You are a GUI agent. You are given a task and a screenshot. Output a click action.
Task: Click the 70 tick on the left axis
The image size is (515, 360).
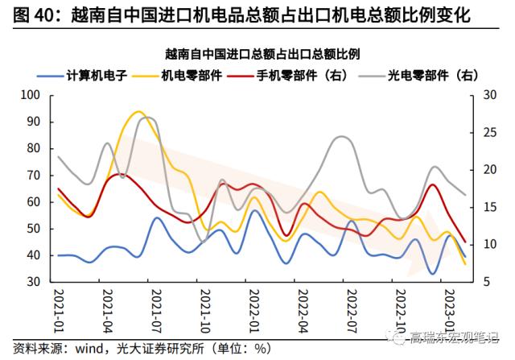[34, 175]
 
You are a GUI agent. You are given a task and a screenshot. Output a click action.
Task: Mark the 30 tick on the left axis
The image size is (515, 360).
[34, 282]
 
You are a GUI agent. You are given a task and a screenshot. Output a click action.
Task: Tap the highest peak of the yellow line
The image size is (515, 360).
[138, 112]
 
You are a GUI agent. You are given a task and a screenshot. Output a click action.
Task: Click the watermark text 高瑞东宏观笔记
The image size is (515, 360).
[455, 335]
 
